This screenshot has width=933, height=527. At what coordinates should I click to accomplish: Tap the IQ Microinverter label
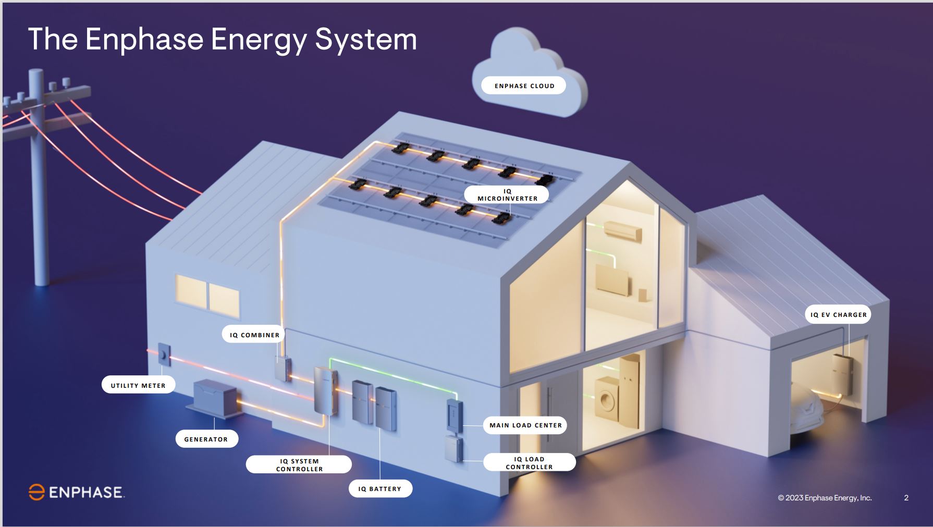click(x=507, y=194)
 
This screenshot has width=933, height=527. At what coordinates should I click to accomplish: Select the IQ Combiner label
click(x=254, y=335)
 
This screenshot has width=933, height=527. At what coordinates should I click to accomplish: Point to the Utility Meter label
click(x=138, y=385)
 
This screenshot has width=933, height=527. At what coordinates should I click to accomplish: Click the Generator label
click(x=206, y=439)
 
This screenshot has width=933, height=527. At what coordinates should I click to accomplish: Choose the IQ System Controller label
click(x=299, y=464)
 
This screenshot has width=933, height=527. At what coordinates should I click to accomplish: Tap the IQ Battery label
click(x=380, y=488)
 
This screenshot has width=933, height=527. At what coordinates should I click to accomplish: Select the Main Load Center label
click(x=525, y=425)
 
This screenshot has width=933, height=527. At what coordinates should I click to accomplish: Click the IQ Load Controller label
click(x=529, y=462)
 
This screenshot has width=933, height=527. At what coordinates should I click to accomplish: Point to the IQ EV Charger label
click(x=838, y=314)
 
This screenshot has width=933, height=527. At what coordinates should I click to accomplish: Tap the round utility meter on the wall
click(x=164, y=355)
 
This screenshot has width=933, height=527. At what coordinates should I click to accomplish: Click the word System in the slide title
click(x=365, y=40)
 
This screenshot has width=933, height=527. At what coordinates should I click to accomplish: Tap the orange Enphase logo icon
click(x=36, y=492)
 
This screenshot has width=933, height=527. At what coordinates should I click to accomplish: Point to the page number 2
click(x=906, y=498)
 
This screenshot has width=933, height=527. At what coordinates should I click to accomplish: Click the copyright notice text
click(x=825, y=498)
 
